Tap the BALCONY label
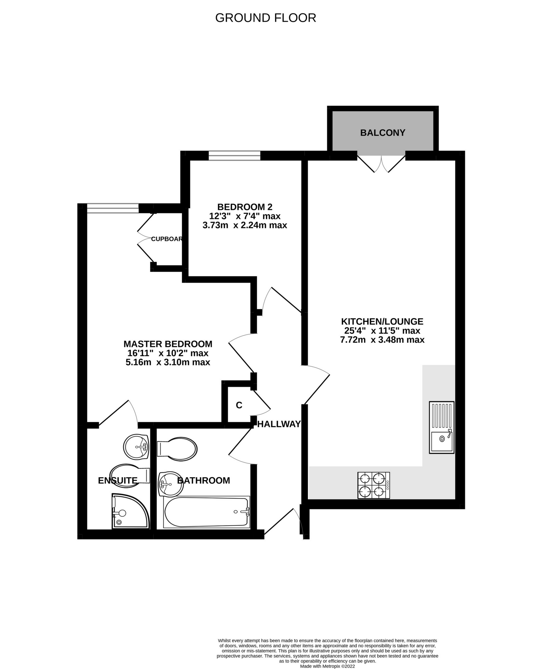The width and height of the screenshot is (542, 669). point(382,133)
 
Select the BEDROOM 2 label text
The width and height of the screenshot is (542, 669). point(245,207)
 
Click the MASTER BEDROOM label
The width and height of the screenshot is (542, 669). point(168,344)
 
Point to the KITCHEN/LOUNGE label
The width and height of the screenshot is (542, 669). point(382,322)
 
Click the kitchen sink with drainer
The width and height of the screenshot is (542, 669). point(441,427)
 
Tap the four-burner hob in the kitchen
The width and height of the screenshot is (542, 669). point(374,485)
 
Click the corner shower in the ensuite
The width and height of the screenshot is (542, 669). point(130,511)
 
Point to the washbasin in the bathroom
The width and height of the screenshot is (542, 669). point(169,484)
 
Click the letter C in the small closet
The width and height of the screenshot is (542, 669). point(239,405)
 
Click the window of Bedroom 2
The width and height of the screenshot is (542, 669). point(234,156)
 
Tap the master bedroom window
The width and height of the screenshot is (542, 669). point(113,208)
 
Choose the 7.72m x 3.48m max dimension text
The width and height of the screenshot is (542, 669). point(382,340)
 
